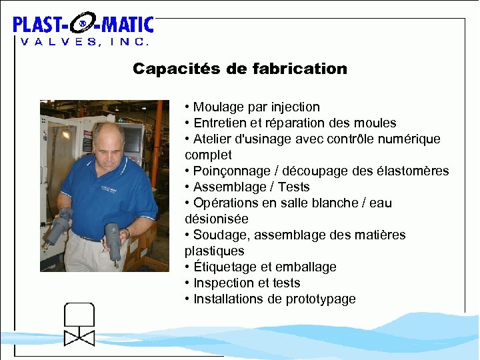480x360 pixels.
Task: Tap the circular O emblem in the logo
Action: click(82, 25)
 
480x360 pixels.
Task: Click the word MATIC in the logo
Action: click(127, 25)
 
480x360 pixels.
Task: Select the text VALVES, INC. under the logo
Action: click(84, 41)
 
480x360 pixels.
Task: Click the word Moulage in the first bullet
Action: click(219, 107)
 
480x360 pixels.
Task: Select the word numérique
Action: click(407, 139)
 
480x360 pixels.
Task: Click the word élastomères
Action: click(413, 171)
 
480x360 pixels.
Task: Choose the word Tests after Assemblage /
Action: click(293, 187)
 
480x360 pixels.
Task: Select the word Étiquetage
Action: click(223, 267)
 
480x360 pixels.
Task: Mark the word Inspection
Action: click(225, 283)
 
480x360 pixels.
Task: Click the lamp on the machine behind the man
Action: click(65, 133)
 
